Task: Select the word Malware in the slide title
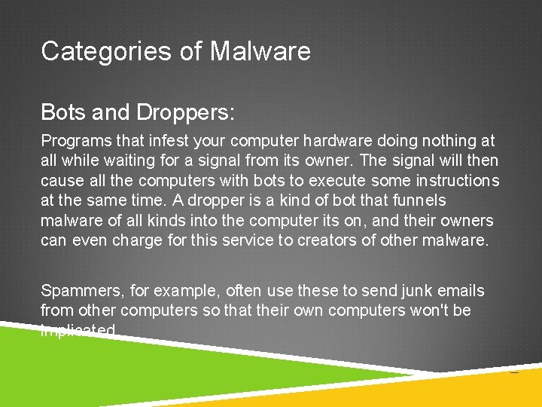tap(260, 51)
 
